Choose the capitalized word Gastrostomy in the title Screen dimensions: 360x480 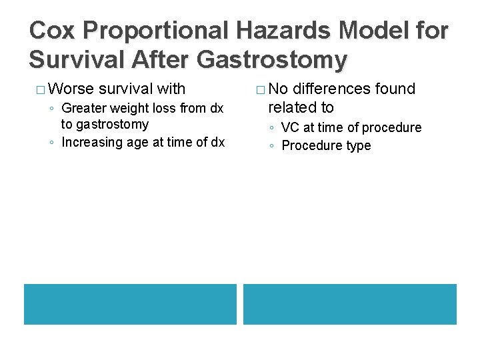[273, 60]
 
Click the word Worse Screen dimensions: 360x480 [71, 89]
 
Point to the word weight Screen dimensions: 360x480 [133, 108]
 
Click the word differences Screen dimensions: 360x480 [334, 89]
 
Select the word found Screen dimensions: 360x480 [398, 89]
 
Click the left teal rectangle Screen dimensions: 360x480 [130, 304]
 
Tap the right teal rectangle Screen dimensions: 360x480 [350, 304]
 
